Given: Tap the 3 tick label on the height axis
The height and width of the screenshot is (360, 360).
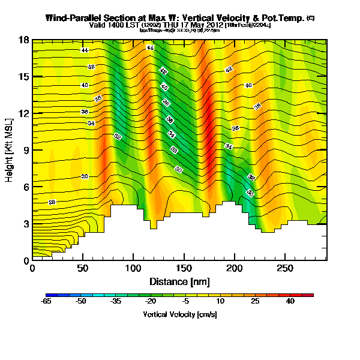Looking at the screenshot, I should tap(26, 224).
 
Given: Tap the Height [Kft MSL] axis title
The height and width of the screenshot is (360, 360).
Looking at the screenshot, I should tap(10, 150).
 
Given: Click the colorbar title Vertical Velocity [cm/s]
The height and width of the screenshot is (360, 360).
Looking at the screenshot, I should tap(179, 314).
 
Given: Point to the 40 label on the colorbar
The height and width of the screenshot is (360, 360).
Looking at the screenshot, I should tap(291, 302).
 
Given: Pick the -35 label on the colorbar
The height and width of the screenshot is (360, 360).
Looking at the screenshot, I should tap(116, 302).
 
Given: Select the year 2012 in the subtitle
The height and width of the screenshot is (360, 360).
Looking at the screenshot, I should tap(214, 25).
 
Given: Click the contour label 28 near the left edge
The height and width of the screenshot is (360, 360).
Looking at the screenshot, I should tap(52, 202).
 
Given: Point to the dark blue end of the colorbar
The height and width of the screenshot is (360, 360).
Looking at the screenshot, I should tap(49, 295).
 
